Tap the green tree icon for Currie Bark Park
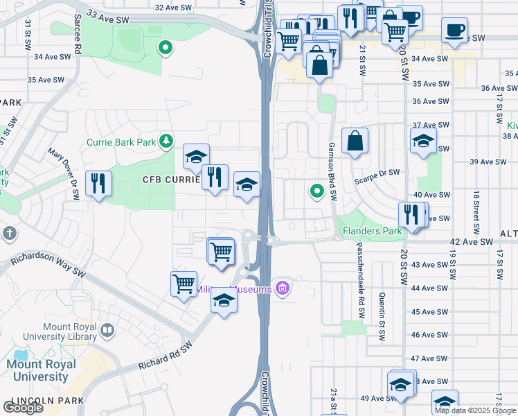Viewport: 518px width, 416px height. point(166,142)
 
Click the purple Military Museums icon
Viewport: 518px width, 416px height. point(282,288)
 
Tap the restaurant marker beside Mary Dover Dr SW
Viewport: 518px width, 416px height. point(98,184)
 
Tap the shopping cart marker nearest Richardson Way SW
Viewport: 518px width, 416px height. point(184,283)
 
